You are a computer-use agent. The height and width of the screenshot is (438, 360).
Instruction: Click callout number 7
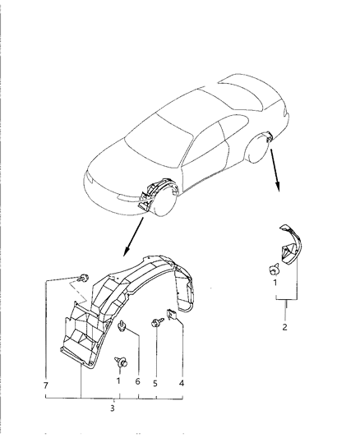(x=46, y=385)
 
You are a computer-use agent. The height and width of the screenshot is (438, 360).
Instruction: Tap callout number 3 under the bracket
(x=113, y=408)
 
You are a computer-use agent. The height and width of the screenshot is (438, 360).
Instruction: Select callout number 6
(x=138, y=381)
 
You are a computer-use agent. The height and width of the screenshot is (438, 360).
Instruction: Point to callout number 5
(x=155, y=383)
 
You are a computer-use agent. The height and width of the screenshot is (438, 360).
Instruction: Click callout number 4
(x=182, y=383)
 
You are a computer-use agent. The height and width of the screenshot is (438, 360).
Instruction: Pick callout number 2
(x=284, y=327)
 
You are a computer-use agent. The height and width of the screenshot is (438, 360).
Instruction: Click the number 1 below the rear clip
(x=275, y=283)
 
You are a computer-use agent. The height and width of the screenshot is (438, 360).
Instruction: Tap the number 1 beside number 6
(x=118, y=380)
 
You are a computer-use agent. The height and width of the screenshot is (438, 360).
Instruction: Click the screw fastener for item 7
(x=84, y=278)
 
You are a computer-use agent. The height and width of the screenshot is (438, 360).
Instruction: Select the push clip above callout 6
(x=122, y=326)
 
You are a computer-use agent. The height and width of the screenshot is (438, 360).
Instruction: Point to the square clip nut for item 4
(x=171, y=315)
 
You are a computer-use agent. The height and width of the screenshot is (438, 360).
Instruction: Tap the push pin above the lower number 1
(x=122, y=362)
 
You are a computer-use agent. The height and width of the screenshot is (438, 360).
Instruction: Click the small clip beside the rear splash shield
(x=275, y=269)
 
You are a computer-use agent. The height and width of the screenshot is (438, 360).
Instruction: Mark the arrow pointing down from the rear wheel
(x=275, y=170)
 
